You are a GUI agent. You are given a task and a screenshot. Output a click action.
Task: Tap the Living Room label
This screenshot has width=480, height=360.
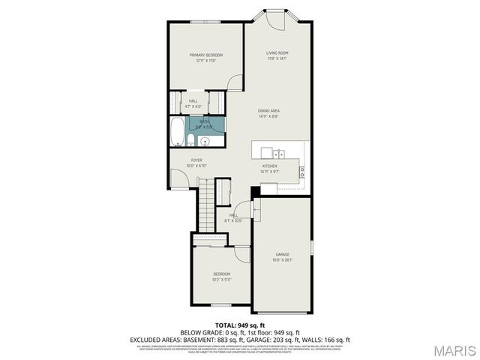pyautogui.click(x=277, y=52)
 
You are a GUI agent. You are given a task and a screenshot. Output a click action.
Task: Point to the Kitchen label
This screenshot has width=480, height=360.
pyautogui.click(x=270, y=166)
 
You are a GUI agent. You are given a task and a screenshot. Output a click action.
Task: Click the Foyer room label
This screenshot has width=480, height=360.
pyautogui.click(x=196, y=160)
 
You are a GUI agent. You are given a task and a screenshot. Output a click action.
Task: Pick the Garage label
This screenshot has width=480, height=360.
pyautogui.click(x=282, y=255)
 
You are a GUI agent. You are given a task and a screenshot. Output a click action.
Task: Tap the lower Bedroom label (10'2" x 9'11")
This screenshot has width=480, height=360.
pyautogui.click(x=222, y=274)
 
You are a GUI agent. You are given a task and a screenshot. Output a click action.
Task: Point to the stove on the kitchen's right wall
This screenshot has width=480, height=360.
pyautogui.click(x=303, y=171)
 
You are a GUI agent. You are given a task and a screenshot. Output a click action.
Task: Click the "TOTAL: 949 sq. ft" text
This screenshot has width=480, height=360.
pyautogui.click(x=240, y=325)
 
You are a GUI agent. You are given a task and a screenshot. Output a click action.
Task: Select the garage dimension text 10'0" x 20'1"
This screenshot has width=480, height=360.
pyautogui.click(x=282, y=261)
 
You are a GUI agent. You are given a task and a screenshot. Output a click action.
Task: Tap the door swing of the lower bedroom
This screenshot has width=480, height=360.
pyautogui.click(x=241, y=253)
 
